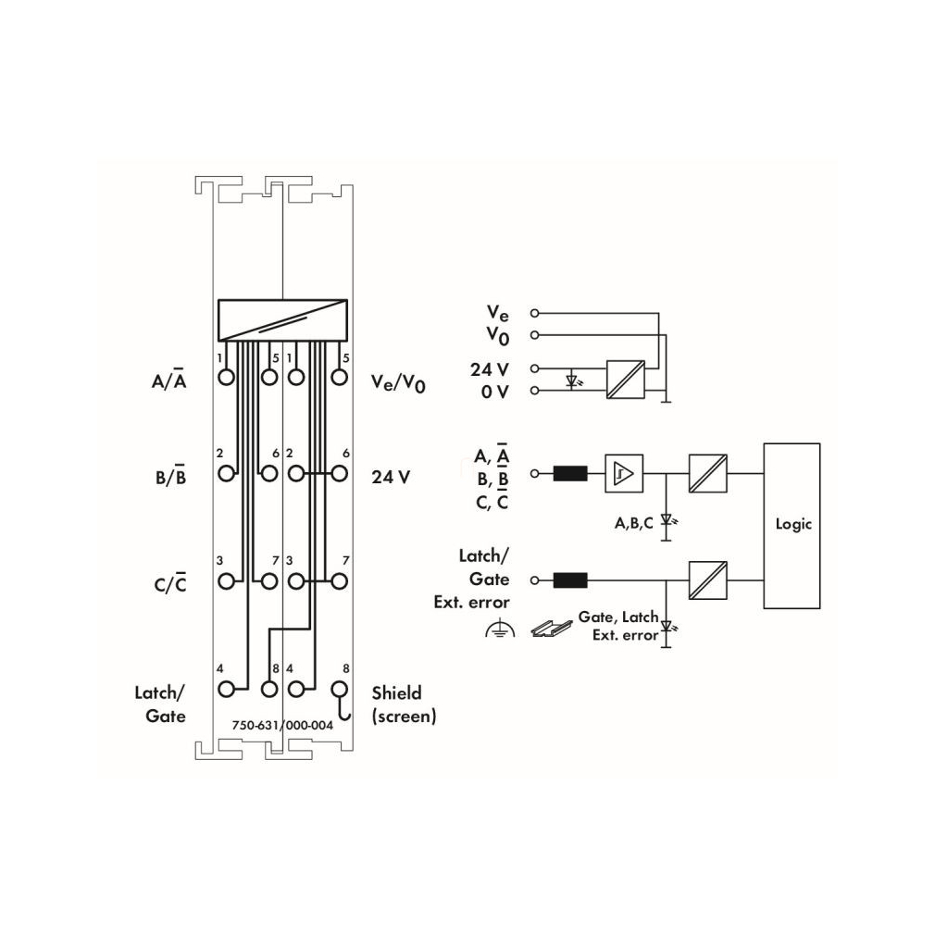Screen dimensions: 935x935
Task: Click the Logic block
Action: pyautogui.click(x=792, y=525)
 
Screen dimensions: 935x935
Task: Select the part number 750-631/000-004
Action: pyautogui.click(x=282, y=726)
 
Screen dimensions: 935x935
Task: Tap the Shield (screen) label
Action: pyautogui.click(x=405, y=704)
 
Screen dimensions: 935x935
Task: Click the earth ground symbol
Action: pyautogui.click(x=500, y=629)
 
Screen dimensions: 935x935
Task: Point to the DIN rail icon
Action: pyautogui.click(x=552, y=628)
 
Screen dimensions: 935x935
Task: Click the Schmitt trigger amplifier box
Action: pyautogui.click(x=624, y=473)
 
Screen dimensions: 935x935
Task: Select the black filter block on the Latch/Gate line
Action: pyautogui.click(x=570, y=580)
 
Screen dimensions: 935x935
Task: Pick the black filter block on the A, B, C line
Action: pyautogui.click(x=570, y=473)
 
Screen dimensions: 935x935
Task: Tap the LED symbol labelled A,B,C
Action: pyautogui.click(x=667, y=523)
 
